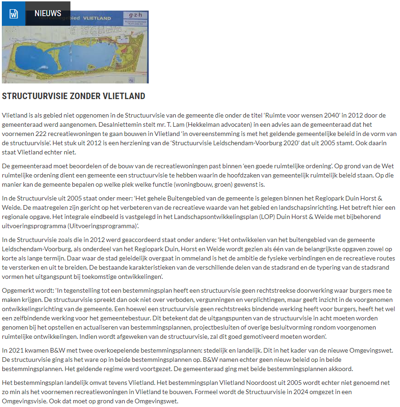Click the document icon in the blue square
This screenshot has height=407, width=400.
point(13,14)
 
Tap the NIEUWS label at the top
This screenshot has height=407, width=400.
point(48,13)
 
